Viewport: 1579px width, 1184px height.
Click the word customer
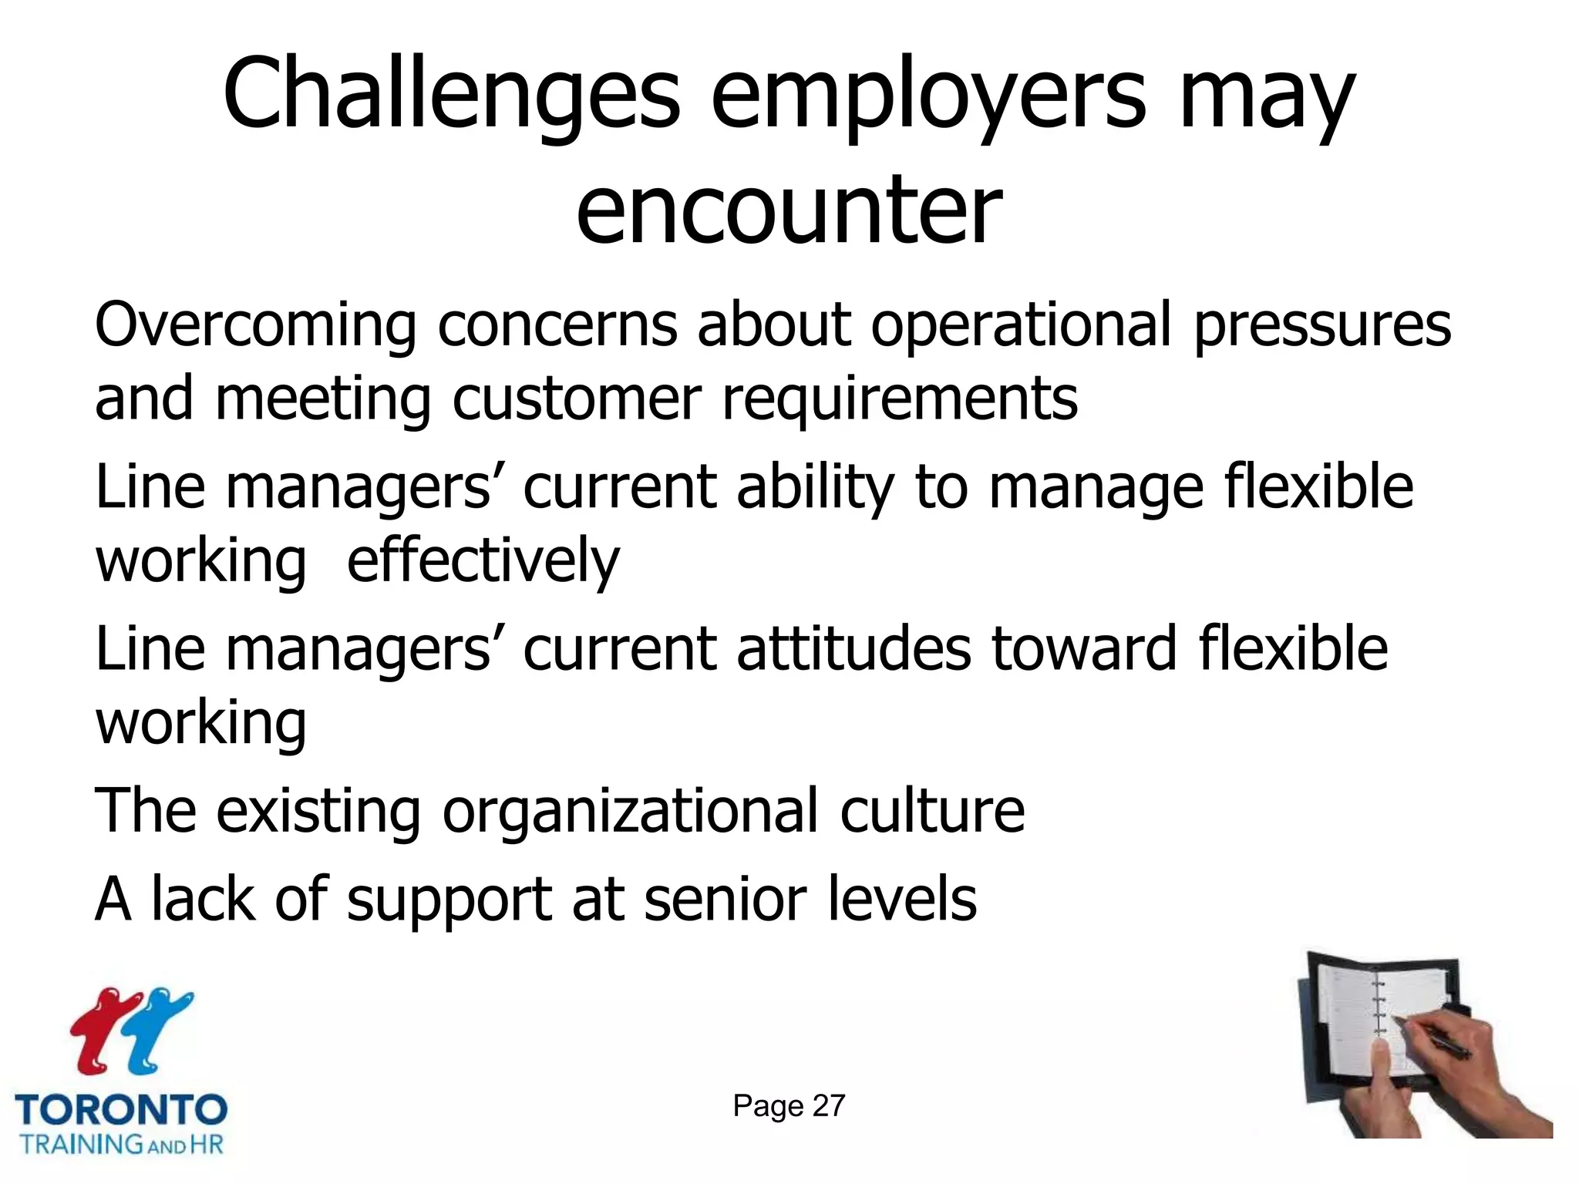[576, 399]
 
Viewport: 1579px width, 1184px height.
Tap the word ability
[815, 487]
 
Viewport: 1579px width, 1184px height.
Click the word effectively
[483, 561]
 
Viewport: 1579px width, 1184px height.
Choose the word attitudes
[853, 649]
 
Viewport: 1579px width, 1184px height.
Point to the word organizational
[630, 811]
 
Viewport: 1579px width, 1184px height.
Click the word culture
[932, 811]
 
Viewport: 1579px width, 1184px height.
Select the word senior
[726, 899]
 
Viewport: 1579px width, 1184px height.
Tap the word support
[449, 900]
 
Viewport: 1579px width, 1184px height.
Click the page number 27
[829, 1106]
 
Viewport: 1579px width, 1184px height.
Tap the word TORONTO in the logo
[121, 1110]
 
